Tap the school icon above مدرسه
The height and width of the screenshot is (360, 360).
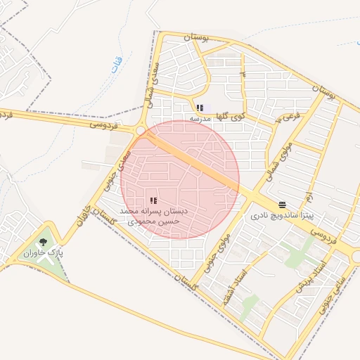pos(200,108)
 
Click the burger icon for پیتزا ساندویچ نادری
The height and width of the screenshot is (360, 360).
pos(282,205)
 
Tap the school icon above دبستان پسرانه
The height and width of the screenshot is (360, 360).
pos(153,201)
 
